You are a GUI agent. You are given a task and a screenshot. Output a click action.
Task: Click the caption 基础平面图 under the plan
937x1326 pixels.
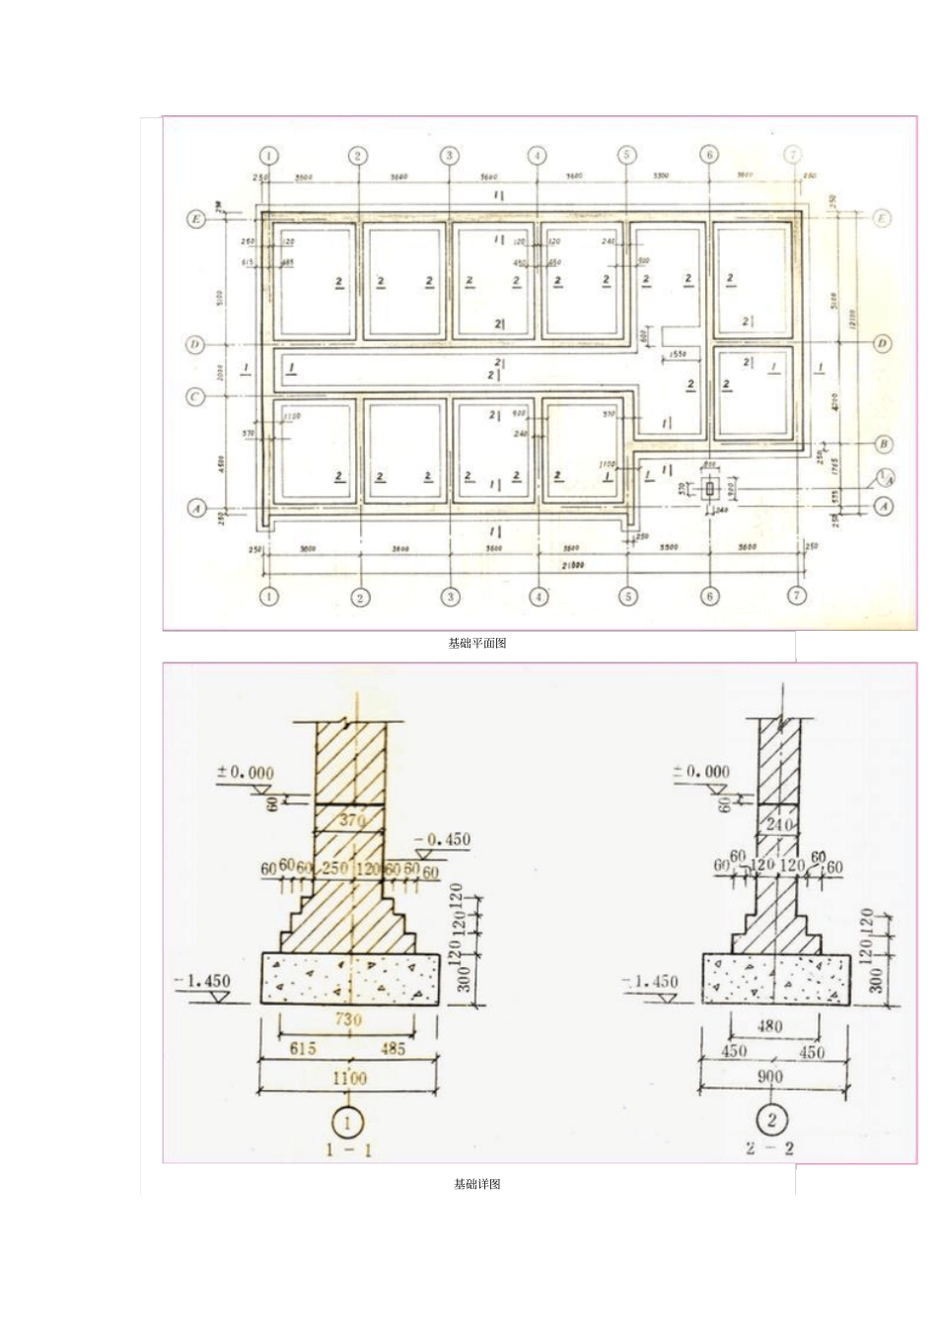[477, 644]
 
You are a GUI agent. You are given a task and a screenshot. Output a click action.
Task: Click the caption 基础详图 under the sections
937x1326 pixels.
[477, 1184]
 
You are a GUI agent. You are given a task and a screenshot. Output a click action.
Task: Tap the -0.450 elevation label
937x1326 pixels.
[443, 840]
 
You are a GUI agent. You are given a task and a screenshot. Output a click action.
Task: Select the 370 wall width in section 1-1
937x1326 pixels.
[351, 820]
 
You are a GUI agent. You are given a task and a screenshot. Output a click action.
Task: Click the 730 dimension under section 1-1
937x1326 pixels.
[348, 1019]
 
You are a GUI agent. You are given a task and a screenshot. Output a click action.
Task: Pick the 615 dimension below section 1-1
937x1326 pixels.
[303, 1048]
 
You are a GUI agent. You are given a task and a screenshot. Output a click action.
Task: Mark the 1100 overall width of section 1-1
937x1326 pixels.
[349, 1079]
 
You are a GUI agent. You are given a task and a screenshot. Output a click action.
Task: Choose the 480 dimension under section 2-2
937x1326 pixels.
[769, 1026]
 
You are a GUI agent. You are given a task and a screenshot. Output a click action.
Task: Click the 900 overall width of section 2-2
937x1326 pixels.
[770, 1077]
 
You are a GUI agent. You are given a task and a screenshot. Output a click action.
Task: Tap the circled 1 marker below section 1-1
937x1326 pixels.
[348, 1121]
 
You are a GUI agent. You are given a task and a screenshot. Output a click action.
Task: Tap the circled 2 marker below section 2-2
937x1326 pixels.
[771, 1119]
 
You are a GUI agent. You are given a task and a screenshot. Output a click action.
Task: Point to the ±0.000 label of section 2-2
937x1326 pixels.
[702, 771]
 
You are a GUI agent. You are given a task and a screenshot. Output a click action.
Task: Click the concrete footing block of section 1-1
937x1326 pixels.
[349, 978]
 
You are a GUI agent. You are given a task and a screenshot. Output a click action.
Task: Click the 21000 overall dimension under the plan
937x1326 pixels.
[572, 565]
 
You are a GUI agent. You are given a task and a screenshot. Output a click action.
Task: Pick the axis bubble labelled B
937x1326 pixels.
[884, 445]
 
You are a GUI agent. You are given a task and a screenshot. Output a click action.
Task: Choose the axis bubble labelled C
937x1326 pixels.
[194, 396]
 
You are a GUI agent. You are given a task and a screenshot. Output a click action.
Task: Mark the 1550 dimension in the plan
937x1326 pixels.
[677, 354]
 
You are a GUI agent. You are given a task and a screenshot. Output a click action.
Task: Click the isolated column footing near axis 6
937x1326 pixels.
[708, 488]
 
